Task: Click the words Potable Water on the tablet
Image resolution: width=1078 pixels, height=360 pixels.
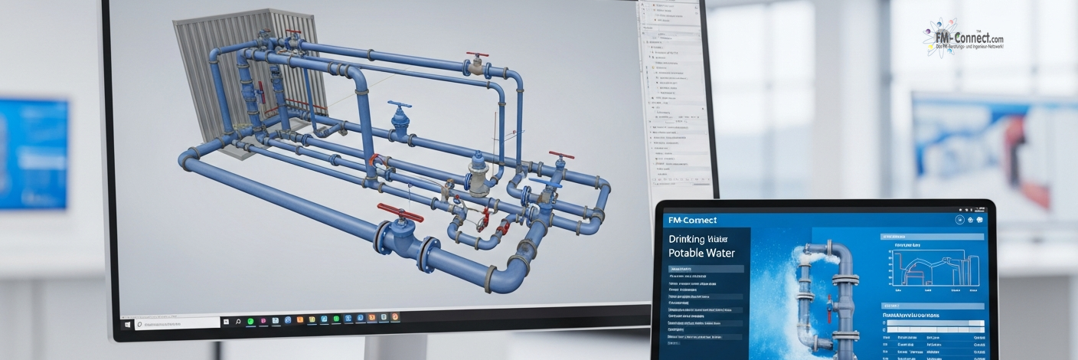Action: click(701, 253)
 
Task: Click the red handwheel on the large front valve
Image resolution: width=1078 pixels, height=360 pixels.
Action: click(400, 213)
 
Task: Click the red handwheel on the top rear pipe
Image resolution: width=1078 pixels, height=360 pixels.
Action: click(478, 57)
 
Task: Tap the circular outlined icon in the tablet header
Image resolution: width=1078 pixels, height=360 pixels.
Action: click(959, 220)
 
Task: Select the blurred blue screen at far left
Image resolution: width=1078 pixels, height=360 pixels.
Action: click(32, 153)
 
